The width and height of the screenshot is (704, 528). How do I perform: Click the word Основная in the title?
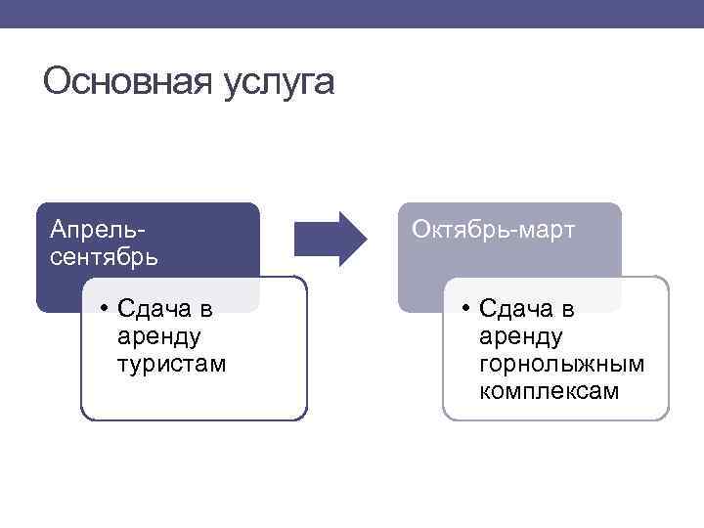[120, 82]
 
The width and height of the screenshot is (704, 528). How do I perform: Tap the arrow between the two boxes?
[330, 239]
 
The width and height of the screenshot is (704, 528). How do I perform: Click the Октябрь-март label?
[494, 230]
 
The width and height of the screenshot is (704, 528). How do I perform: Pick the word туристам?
[170, 364]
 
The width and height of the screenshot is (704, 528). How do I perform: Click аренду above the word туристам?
[158, 337]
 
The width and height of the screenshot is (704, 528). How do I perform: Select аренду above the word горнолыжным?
[521, 337]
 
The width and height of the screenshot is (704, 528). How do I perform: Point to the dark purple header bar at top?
[352, 13]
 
